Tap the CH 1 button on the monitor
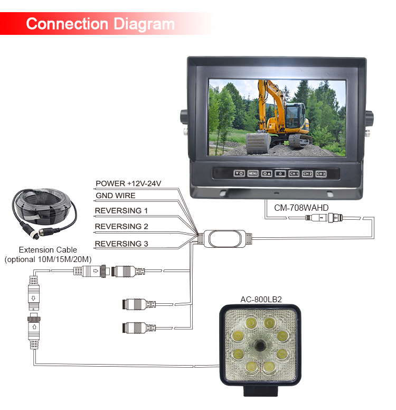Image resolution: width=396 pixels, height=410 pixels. click(294, 173)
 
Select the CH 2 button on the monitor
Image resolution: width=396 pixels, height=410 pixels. click(307, 173)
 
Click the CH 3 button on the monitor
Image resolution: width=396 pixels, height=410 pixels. click(320, 173)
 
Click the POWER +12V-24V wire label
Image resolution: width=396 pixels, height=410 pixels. click(128, 184)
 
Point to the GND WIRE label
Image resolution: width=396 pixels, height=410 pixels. click(115, 195)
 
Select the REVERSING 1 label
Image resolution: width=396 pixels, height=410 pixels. click(121, 211)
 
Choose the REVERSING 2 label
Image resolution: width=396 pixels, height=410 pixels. click(121, 227)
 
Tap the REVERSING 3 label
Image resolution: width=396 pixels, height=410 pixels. click(121, 244)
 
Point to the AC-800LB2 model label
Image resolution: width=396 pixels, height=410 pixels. click(261, 299)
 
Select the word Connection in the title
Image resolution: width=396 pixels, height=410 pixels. click(67, 24)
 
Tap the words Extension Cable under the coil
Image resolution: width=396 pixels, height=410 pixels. click(48, 250)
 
